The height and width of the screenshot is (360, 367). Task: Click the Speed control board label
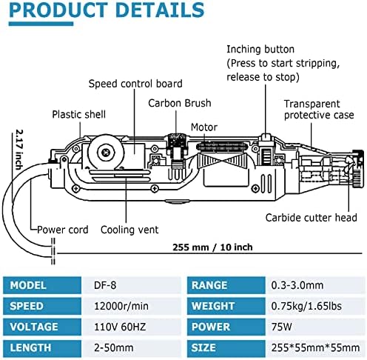click(135, 84)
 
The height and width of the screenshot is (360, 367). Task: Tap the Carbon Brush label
click(180, 103)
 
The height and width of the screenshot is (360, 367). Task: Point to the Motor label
click(204, 127)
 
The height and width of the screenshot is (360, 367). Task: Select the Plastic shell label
click(78, 114)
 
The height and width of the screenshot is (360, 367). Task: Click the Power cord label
click(62, 230)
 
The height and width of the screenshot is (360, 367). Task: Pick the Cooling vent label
click(129, 230)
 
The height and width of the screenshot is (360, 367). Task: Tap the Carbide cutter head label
click(311, 218)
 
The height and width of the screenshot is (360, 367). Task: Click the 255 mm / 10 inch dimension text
click(212, 247)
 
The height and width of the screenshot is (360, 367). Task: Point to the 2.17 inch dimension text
click(19, 150)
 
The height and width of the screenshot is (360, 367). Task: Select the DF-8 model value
click(105, 285)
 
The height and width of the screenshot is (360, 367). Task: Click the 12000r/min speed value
click(121, 306)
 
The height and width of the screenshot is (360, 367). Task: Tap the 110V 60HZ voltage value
click(120, 327)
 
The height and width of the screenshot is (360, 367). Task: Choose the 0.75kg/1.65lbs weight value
click(306, 306)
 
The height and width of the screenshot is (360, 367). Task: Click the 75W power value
click(281, 327)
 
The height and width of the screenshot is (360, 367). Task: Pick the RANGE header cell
click(226, 285)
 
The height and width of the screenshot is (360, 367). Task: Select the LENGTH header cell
click(42, 348)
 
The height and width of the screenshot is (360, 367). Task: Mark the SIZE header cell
click(226, 348)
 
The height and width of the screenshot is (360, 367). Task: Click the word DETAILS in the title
click(160, 10)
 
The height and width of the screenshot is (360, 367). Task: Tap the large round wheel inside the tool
click(107, 153)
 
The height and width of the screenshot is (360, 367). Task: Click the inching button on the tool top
click(266, 137)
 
